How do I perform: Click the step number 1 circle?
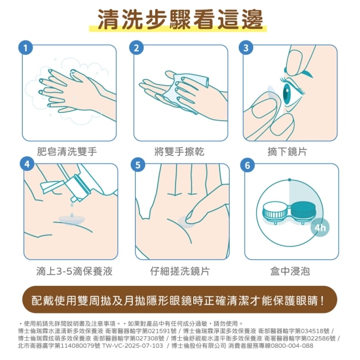(25, 48)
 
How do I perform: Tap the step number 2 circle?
(136, 48)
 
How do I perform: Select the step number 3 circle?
(246, 48)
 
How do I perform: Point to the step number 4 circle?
(27, 164)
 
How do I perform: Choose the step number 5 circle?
(138, 165)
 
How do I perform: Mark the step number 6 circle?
(248, 165)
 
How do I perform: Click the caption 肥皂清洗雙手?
(67, 152)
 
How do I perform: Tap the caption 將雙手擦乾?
(179, 152)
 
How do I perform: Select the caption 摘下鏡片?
(287, 152)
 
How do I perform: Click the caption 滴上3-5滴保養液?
(74, 271)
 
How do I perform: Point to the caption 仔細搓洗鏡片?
(180, 271)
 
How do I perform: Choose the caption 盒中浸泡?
(290, 271)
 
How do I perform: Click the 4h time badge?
(320, 228)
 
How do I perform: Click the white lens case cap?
(275, 210)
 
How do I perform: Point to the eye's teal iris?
(287, 94)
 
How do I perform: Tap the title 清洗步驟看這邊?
(180, 19)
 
